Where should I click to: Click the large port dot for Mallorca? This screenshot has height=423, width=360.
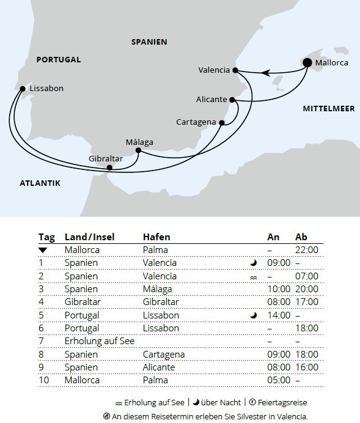click(x=307, y=62)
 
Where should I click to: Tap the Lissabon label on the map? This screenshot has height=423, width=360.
click(x=46, y=88)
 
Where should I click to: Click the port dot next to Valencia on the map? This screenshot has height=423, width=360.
click(x=236, y=70)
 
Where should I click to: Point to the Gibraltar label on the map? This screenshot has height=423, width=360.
click(x=106, y=158)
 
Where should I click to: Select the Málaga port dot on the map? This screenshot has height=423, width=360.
click(x=138, y=150)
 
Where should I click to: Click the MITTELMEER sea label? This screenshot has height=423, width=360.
click(x=329, y=109)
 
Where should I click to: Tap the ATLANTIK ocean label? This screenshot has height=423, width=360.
click(x=40, y=183)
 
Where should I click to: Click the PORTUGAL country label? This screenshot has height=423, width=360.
click(x=59, y=60)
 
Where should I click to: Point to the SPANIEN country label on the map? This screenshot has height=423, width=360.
click(x=149, y=42)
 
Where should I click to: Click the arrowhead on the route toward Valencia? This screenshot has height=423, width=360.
click(x=266, y=73)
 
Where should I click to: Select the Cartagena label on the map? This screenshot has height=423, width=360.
click(x=196, y=122)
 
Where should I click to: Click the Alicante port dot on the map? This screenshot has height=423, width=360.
click(x=232, y=100)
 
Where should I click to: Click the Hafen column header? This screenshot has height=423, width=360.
click(x=156, y=237)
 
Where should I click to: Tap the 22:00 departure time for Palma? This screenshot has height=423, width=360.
click(x=306, y=249)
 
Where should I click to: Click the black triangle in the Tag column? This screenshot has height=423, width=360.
click(x=42, y=250)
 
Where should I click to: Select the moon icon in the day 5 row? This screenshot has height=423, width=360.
click(x=252, y=315)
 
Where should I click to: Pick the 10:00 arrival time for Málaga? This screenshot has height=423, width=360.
click(x=279, y=289)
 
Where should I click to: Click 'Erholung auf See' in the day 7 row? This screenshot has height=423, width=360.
click(x=99, y=341)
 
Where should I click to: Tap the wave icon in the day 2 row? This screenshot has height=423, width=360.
click(x=253, y=276)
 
